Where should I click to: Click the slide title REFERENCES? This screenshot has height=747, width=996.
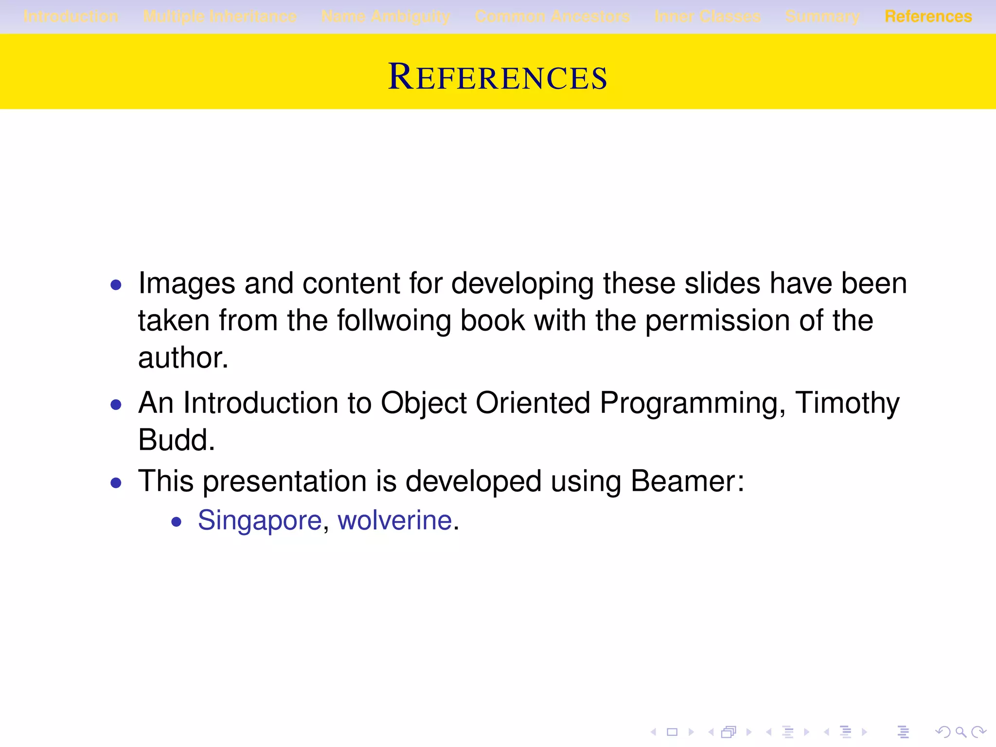pos(498,77)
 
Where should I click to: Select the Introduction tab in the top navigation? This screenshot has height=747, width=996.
pos(71,17)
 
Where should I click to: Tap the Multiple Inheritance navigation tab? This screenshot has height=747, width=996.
pos(220,17)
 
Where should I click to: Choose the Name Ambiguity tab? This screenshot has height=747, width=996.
pos(386,17)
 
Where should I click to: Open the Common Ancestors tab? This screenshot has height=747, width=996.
pos(552,17)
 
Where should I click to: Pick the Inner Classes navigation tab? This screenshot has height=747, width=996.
pos(708,17)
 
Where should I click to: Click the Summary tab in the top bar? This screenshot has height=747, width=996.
pos(822,17)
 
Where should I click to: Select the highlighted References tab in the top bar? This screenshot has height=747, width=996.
pos(928,17)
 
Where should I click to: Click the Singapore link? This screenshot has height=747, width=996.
pos(260,520)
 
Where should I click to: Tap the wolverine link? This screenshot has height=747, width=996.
pos(395,520)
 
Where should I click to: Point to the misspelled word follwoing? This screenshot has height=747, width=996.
pos(394,321)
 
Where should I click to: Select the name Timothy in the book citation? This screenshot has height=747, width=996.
pos(847,403)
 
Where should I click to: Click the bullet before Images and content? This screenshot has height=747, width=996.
pos(116,285)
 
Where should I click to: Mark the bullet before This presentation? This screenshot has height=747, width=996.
pos(116,483)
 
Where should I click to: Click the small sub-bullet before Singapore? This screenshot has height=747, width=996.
pos(177,522)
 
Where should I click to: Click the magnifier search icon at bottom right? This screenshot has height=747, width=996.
pos(960,732)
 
